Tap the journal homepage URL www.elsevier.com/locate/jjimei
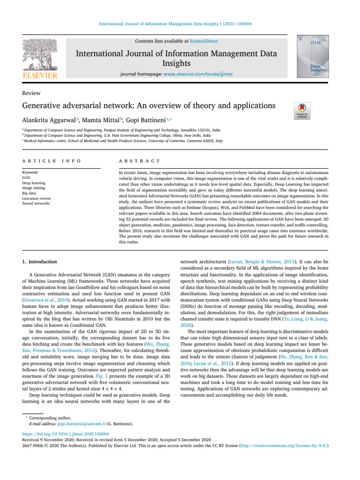point(202,74)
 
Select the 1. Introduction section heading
point(40,262)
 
